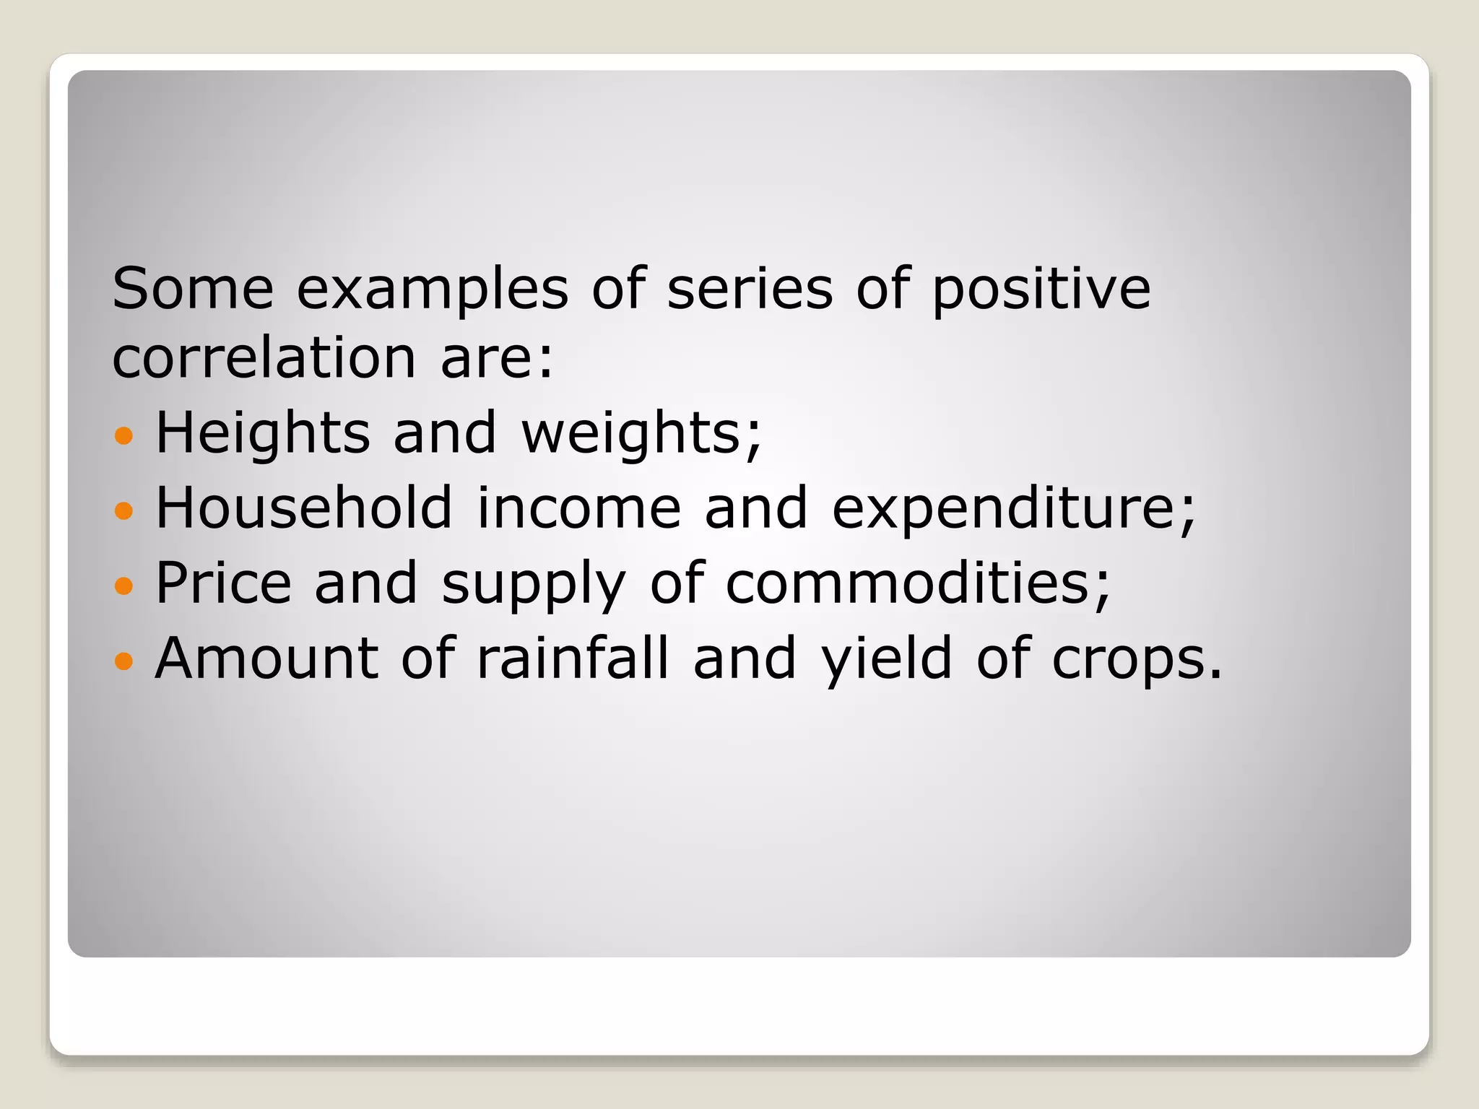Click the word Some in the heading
193,288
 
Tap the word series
750,288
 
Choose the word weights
641,433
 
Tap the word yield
887,658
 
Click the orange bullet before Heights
124,435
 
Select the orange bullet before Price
124,585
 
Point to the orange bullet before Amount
124,660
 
